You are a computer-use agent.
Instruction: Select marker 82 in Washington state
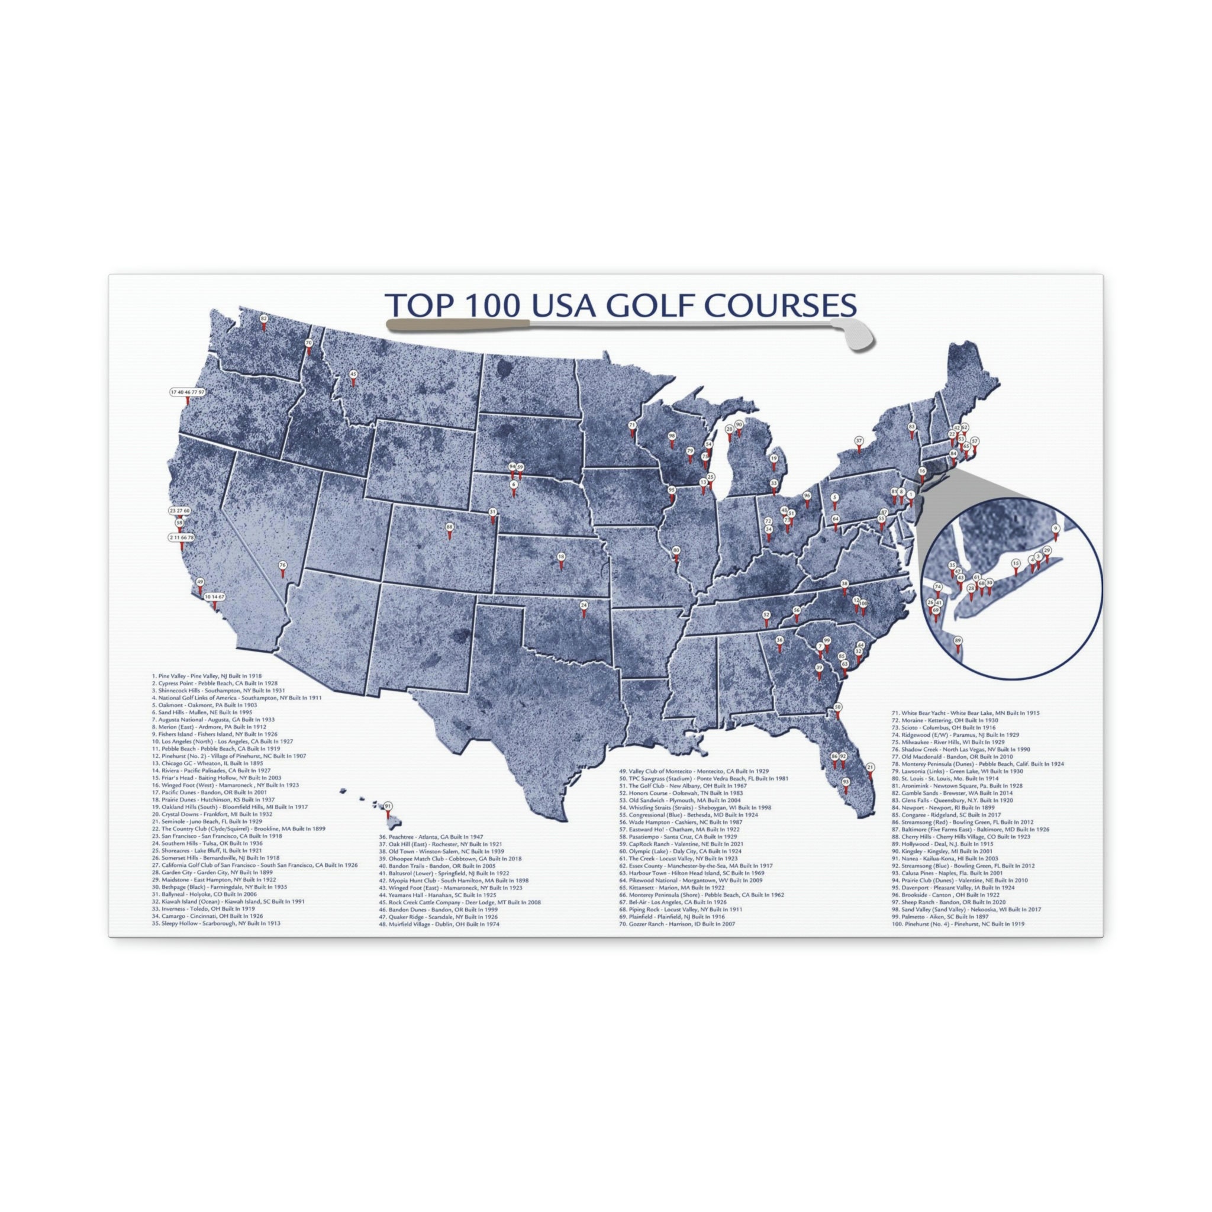pos(263,320)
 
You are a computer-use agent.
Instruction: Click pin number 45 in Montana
pos(353,375)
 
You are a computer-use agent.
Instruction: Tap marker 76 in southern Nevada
pos(282,566)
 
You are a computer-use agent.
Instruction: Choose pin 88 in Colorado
pos(449,527)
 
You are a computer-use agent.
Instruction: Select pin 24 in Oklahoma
pos(584,605)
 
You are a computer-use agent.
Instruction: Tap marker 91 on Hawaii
pos(388,806)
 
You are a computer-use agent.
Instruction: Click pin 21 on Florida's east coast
pos(869,767)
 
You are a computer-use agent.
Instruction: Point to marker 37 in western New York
pos(859,440)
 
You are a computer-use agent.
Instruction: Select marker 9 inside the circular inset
pos(1056,529)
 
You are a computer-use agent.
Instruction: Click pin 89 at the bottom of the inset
pos(958,640)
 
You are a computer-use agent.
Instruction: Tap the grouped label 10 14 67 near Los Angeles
pos(214,597)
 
